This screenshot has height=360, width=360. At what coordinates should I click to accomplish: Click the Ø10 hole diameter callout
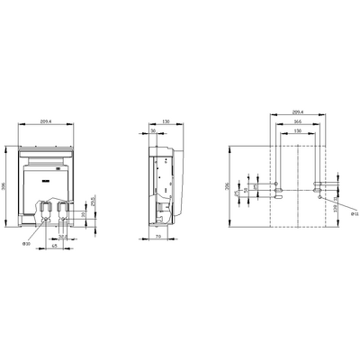pyautogui.click(x=26, y=243)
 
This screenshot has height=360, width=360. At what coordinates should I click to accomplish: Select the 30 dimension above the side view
pyautogui.click(x=155, y=130)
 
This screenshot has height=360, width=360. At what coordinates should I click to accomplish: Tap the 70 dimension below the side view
pyautogui.click(x=158, y=239)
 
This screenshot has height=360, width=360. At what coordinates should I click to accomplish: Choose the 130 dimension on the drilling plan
pyautogui.click(x=296, y=131)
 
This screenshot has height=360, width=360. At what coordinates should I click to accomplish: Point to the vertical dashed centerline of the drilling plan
pyautogui.click(x=296, y=180)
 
